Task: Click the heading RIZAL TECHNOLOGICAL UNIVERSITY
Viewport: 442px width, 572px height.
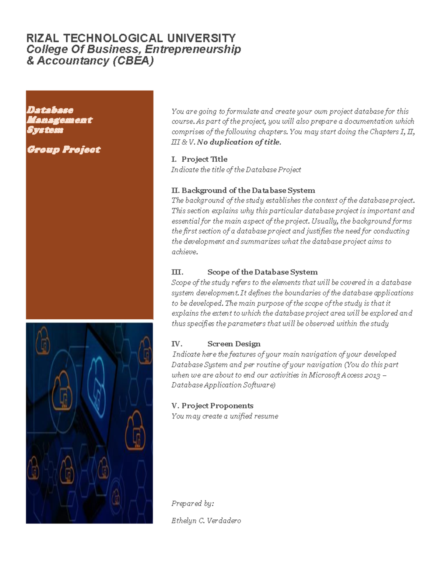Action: [x=131, y=38]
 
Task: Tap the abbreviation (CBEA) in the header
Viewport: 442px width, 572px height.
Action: [x=133, y=61]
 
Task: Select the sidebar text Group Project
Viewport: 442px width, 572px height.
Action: [x=63, y=150]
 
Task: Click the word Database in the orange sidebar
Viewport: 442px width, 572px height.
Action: [x=50, y=110]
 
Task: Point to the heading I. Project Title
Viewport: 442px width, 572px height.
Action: [x=199, y=159]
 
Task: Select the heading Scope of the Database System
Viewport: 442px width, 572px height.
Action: [x=262, y=272]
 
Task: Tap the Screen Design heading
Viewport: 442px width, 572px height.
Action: [x=234, y=344]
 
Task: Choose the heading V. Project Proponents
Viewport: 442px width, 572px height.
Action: [x=212, y=406]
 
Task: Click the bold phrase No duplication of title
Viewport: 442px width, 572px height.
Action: [x=239, y=142]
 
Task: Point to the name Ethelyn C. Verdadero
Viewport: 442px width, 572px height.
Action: [x=206, y=521]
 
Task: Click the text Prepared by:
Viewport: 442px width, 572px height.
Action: [x=192, y=503]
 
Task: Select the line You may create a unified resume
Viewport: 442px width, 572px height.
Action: [x=225, y=416]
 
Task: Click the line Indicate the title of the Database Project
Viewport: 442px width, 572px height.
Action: [x=236, y=170]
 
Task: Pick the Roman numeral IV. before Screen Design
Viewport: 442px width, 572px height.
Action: [x=177, y=344]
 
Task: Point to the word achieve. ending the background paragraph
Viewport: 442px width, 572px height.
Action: [x=185, y=252]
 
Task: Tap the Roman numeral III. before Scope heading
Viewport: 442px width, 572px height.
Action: [x=177, y=272]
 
